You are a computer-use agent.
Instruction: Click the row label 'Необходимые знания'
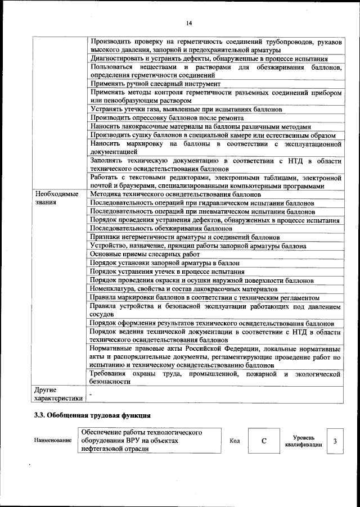coord(56,198)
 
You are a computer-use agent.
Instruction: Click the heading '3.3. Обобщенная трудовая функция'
coord(91,416)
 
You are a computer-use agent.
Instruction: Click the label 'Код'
coord(235,441)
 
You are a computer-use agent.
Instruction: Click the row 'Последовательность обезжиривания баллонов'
coord(161,229)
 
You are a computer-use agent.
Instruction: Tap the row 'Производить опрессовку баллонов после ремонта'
coord(167,118)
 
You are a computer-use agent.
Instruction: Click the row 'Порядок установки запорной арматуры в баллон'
coord(165,262)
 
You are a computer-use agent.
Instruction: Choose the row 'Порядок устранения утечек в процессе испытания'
coord(167,271)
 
